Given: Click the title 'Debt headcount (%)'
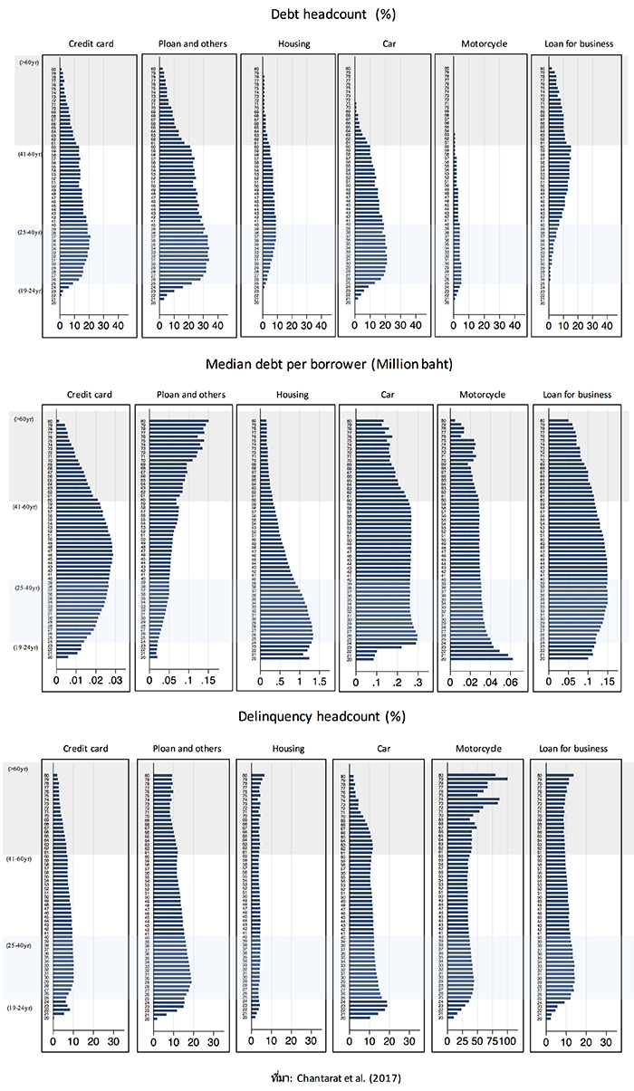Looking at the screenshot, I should (316, 14).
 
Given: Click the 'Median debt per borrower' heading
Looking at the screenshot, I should (317, 366).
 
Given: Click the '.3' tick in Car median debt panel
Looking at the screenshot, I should (417, 678).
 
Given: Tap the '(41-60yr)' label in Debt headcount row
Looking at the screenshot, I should (27, 155).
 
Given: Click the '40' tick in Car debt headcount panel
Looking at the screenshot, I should (416, 325).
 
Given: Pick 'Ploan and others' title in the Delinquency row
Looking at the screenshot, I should (185, 749).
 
